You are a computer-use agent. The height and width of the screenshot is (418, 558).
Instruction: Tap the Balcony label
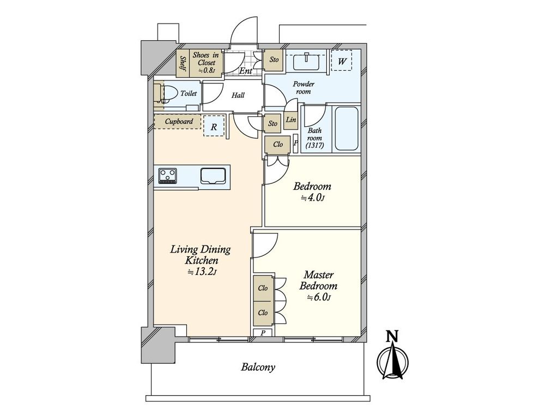point(258,367)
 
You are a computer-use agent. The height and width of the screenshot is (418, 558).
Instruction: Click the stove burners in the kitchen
point(168,176)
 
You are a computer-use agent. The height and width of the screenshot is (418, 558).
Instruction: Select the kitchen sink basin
point(213,176)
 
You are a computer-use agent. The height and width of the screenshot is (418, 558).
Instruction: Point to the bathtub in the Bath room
point(346,128)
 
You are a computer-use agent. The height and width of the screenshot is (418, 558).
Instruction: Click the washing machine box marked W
point(342,61)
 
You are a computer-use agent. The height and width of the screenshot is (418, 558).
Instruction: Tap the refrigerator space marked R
point(214,126)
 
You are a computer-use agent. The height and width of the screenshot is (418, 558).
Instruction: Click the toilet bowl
point(171,94)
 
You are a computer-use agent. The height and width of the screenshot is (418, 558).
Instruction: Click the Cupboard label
point(179,121)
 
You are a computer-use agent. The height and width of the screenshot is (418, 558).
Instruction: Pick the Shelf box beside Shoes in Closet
point(183,63)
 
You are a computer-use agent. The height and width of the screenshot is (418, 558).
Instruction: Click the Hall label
point(238,95)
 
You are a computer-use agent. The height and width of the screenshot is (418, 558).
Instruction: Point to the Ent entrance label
point(246,71)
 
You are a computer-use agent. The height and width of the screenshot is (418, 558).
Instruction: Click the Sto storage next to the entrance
point(274,60)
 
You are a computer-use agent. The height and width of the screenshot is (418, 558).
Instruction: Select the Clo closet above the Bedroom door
point(277,145)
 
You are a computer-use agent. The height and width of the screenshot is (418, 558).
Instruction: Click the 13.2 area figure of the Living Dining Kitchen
point(202,272)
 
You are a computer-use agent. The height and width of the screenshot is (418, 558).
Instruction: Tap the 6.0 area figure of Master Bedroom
point(319,298)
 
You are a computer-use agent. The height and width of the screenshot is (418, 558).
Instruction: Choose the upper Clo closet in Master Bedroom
point(263,288)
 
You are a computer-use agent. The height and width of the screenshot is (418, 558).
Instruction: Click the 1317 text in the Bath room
point(314,145)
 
